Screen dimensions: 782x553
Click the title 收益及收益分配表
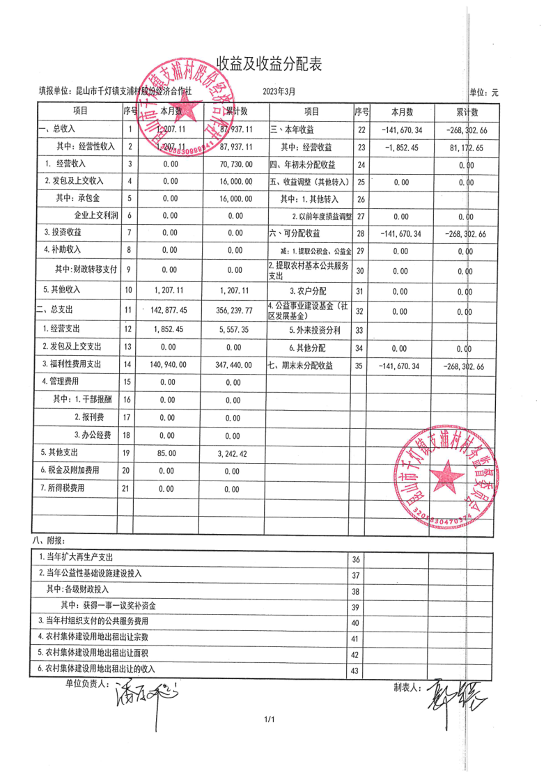tap(268, 64)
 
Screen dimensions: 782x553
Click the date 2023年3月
tap(279, 91)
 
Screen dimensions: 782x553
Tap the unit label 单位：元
tap(484, 92)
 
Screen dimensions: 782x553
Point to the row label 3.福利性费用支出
tap(72, 364)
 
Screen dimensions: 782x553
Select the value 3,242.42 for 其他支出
tap(232, 453)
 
